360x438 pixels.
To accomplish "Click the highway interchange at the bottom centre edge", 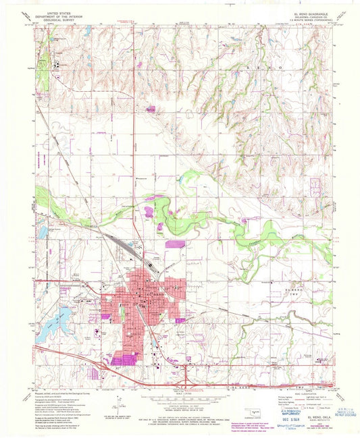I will pyautogui.click(x=187, y=375).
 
